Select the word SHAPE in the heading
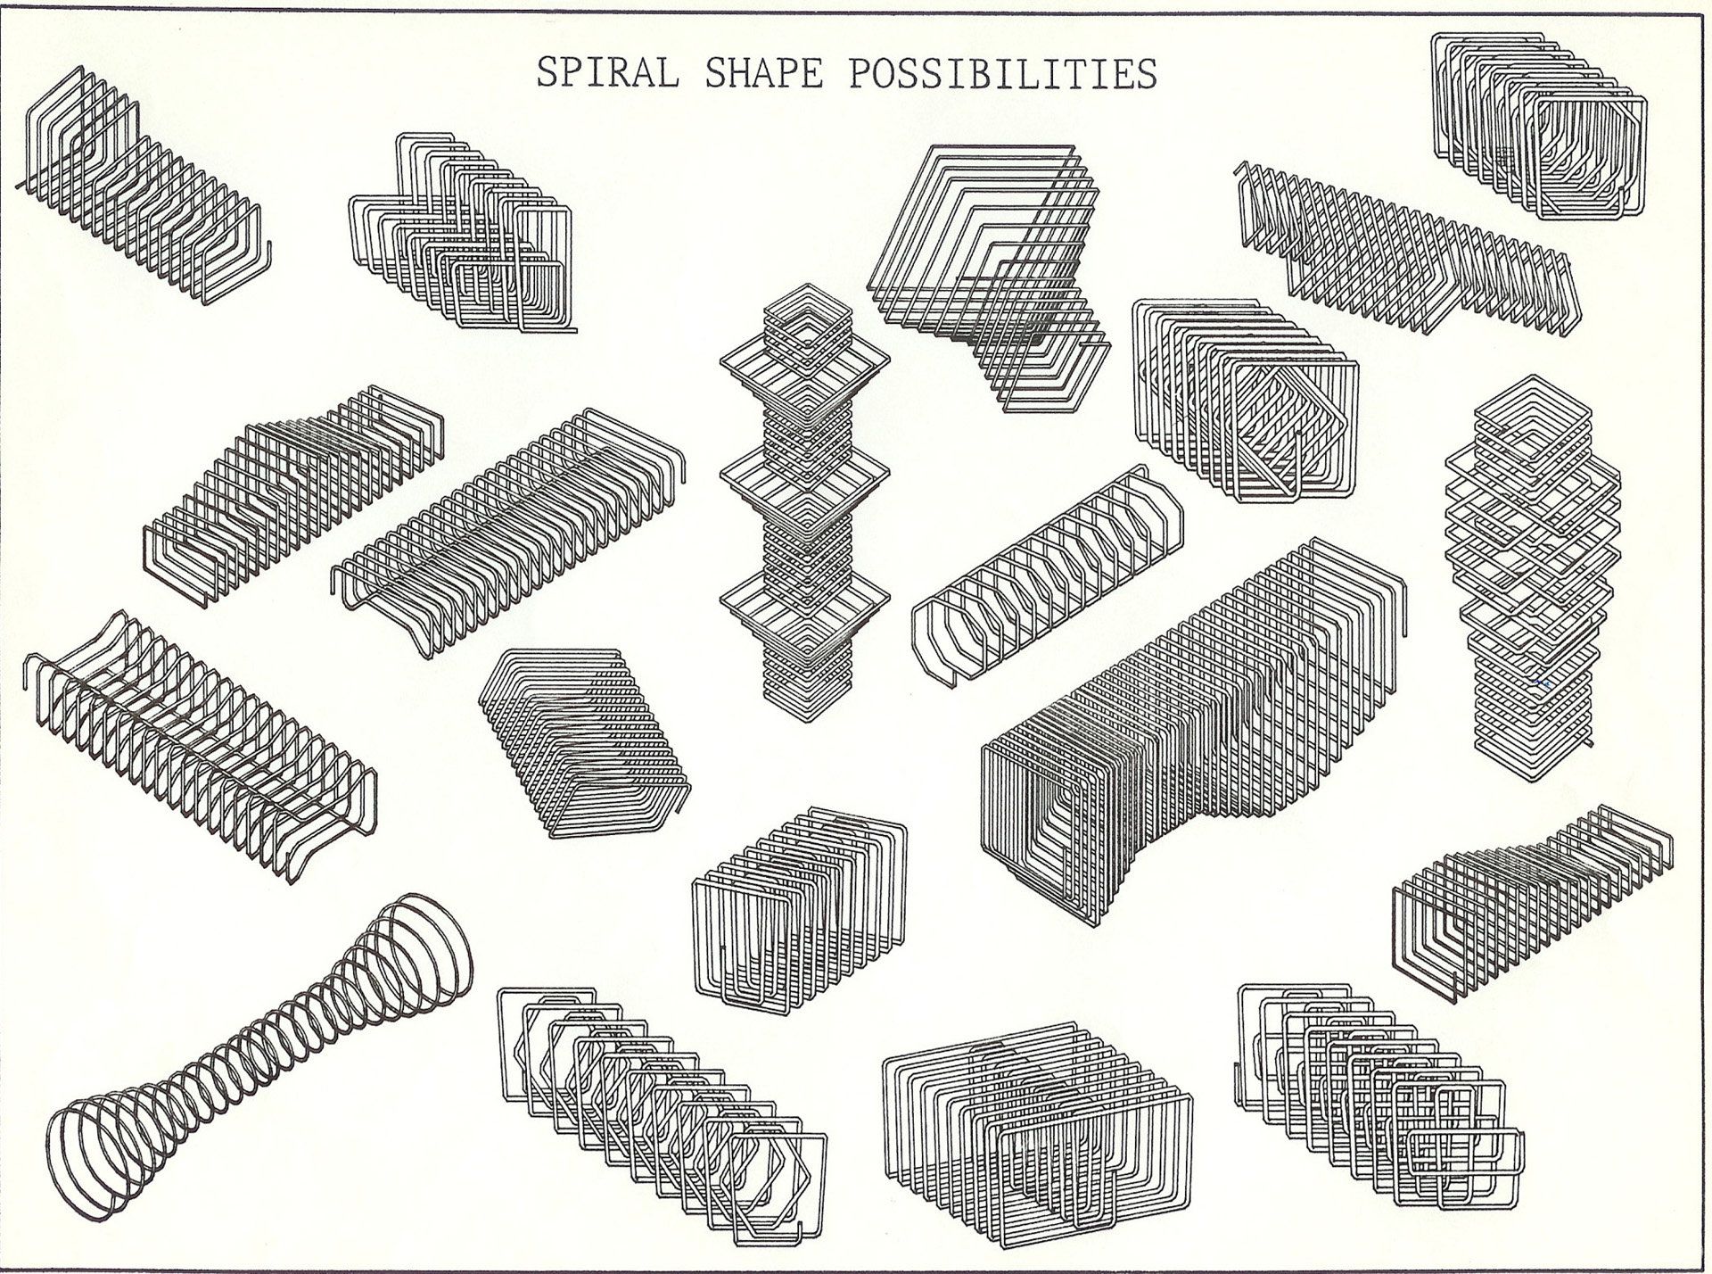coord(763,72)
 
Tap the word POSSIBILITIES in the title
coord(1003,72)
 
